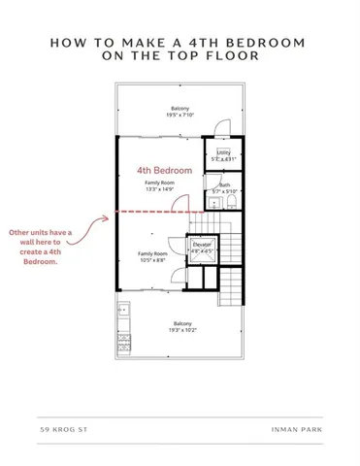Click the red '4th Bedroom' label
[164, 170]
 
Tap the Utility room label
[223, 152]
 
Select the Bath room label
[224, 184]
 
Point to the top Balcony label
[180, 108]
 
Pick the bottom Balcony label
[181, 322]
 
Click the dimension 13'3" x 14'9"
[159, 189]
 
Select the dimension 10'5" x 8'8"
[153, 259]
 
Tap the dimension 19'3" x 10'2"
[181, 330]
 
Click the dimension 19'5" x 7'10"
[180, 115]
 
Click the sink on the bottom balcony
[123, 311]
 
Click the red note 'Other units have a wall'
[41, 233]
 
